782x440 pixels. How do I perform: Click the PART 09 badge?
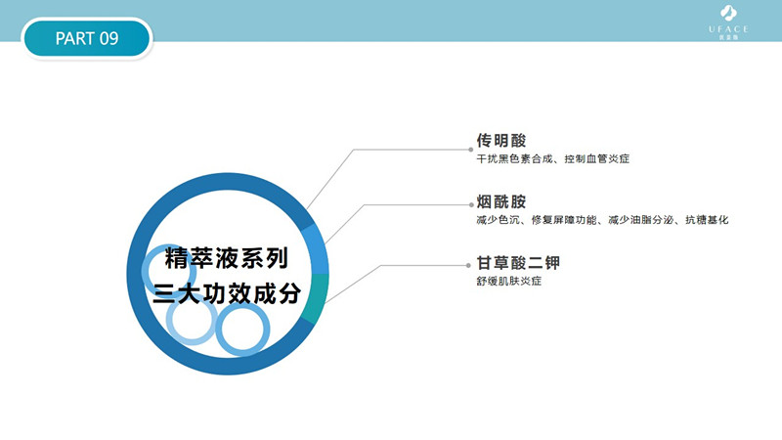click(x=87, y=38)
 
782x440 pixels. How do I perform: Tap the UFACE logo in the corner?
click(x=728, y=22)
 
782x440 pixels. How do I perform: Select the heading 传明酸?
click(x=501, y=141)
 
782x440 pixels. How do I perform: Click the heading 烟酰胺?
click(x=501, y=202)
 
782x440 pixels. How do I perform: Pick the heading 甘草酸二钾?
click(x=518, y=263)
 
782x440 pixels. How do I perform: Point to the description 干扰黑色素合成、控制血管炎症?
click(x=552, y=159)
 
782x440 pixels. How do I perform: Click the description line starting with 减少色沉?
click(x=602, y=220)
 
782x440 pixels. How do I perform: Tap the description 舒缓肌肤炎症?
click(x=508, y=282)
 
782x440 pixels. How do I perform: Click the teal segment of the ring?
click(x=316, y=298)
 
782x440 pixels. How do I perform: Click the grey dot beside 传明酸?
click(x=471, y=150)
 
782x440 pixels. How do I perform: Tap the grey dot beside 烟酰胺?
click(x=471, y=205)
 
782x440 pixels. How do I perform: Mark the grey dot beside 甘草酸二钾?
click(x=468, y=266)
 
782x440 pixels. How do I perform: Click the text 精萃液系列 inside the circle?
click(x=227, y=258)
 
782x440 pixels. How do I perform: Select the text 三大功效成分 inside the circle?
click(x=227, y=293)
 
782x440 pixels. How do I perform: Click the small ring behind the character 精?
click(x=146, y=272)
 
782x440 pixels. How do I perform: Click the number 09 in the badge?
click(x=109, y=38)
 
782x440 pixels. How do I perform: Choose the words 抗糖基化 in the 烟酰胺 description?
click(x=707, y=220)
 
